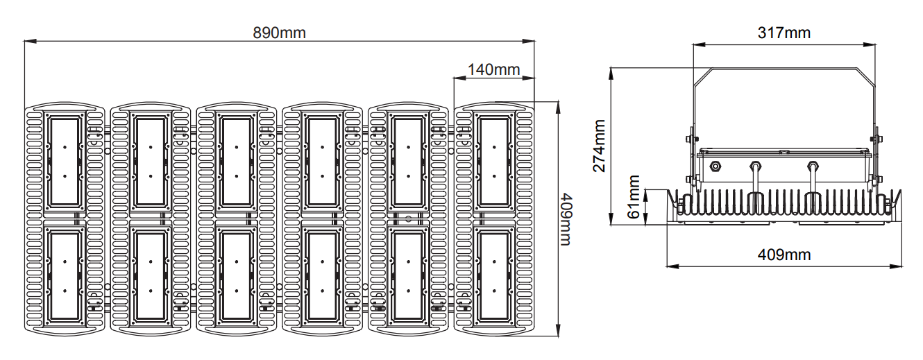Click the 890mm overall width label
pyautogui.click(x=279, y=33)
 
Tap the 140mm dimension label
pyautogui.click(x=493, y=69)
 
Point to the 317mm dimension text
pyautogui.click(x=784, y=33)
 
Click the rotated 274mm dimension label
pyautogui.click(x=599, y=146)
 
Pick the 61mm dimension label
pyautogui.click(x=634, y=196)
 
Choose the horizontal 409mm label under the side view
pyautogui.click(x=784, y=255)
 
